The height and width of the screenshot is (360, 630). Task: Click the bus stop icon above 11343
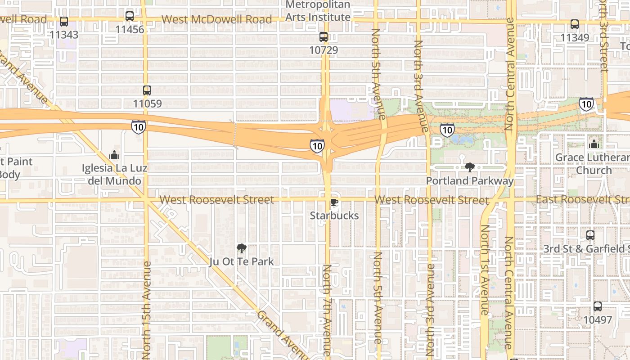click(x=64, y=22)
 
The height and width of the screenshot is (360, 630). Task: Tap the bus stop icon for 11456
click(x=130, y=17)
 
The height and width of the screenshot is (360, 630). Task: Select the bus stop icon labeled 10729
click(x=324, y=37)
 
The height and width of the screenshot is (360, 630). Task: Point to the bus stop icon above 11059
click(x=147, y=90)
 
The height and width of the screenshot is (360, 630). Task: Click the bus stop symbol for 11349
click(x=575, y=24)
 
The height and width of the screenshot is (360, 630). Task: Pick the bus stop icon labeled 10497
click(x=598, y=306)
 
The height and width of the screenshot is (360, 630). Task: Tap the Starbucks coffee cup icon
click(x=334, y=202)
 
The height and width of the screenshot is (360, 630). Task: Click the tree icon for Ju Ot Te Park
click(x=242, y=248)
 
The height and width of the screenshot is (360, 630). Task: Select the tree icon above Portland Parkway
click(x=470, y=168)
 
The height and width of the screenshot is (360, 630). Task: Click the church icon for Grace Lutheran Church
click(x=594, y=144)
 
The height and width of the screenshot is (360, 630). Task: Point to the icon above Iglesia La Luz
click(x=114, y=155)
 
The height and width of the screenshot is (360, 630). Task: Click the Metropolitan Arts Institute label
click(x=318, y=11)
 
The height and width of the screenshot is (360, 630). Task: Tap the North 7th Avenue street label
click(x=327, y=310)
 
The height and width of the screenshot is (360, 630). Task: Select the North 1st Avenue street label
click(x=484, y=270)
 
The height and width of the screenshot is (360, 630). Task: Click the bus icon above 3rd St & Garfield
click(x=590, y=235)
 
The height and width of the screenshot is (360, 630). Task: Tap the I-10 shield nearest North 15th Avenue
click(x=139, y=127)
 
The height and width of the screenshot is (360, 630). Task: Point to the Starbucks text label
click(x=334, y=216)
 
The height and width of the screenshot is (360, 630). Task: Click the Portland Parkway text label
click(x=470, y=181)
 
